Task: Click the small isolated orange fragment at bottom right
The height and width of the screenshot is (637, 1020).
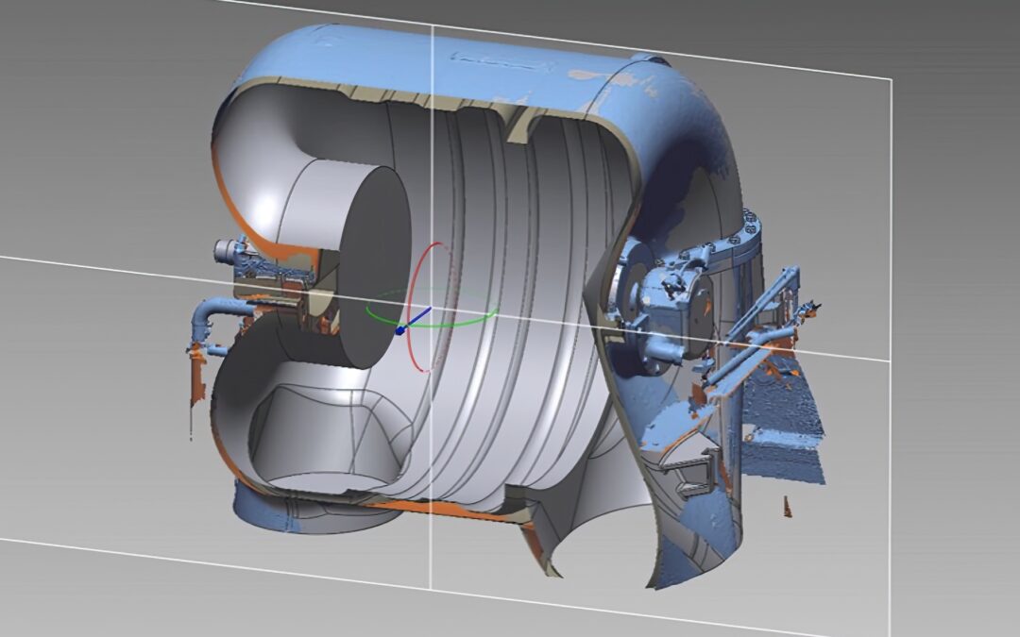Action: (787, 507)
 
